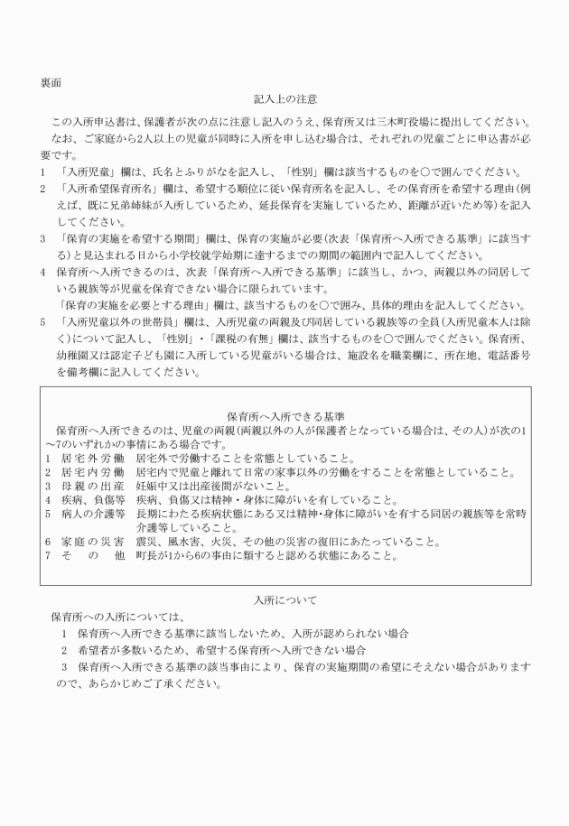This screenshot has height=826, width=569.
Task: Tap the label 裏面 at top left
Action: pos(51,82)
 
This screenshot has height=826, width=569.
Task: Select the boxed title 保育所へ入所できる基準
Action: pos(285,418)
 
